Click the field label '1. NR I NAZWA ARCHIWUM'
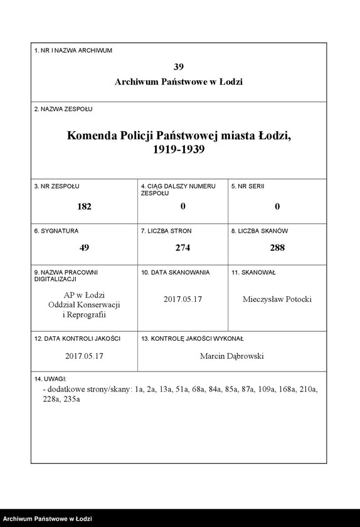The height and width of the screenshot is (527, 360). [x=73, y=50]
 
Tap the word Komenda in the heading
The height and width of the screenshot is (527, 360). [x=95, y=136]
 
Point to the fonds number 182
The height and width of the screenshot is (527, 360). [x=84, y=206]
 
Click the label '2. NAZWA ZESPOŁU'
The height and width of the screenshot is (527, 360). [x=63, y=109]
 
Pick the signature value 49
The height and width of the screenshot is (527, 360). [x=84, y=248]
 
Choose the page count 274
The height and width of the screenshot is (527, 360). [x=183, y=248]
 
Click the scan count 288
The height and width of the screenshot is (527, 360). [x=277, y=248]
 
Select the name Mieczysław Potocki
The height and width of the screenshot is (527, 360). [x=277, y=299]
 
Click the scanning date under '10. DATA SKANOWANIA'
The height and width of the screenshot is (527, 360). [x=183, y=299]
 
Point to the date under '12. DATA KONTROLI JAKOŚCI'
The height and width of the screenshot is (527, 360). [x=84, y=356]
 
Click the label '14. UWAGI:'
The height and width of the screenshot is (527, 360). [x=51, y=380]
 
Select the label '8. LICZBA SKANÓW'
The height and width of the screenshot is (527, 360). [x=259, y=231]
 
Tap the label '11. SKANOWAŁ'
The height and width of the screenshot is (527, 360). [x=253, y=272]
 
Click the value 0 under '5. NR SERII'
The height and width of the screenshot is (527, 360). [x=277, y=206]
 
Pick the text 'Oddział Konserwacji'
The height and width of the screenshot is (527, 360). [x=84, y=304]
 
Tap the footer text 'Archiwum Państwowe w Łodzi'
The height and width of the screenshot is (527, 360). [x=48, y=519]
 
